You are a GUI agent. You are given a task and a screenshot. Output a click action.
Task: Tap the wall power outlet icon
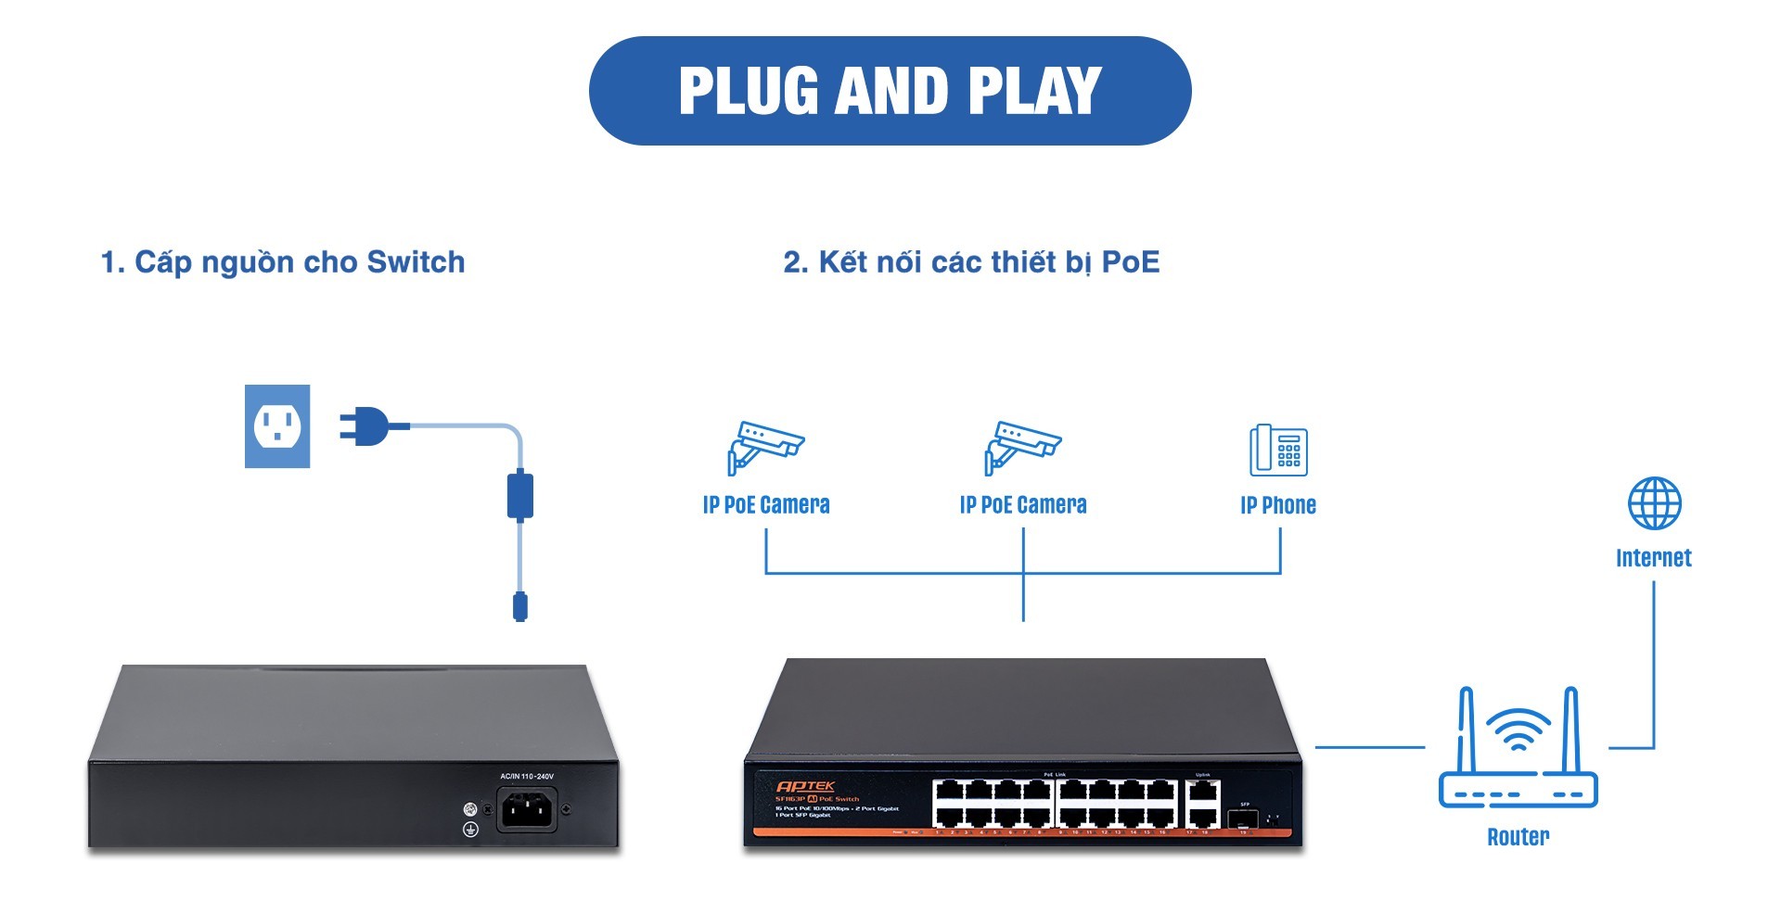coord(277,426)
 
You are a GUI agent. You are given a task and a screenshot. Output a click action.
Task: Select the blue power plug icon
coord(366,426)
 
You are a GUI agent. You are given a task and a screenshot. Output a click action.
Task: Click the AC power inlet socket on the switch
coord(527,810)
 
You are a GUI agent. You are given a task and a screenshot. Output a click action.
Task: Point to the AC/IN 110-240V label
coord(526,776)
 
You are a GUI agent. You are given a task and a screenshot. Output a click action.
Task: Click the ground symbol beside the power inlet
coord(470,830)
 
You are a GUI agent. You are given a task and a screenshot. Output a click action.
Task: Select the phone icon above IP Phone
coord(1278,450)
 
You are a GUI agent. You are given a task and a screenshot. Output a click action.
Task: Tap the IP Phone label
coord(1278,505)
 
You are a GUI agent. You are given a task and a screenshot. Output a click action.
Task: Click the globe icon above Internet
coord(1654,503)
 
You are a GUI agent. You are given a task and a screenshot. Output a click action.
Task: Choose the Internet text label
coord(1653,558)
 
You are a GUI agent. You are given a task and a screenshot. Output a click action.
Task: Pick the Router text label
coord(1518,837)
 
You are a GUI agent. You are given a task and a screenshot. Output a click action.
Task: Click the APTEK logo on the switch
coord(805,786)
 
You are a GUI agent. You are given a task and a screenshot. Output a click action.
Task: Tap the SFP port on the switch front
coord(1243,819)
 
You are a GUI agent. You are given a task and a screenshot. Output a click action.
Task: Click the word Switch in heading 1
coord(416,262)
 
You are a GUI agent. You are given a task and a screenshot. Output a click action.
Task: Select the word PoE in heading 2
coord(1130,262)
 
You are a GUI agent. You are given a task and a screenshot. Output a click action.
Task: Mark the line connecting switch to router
coord(1369,746)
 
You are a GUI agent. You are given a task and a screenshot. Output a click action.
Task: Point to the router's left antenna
coord(1467,732)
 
